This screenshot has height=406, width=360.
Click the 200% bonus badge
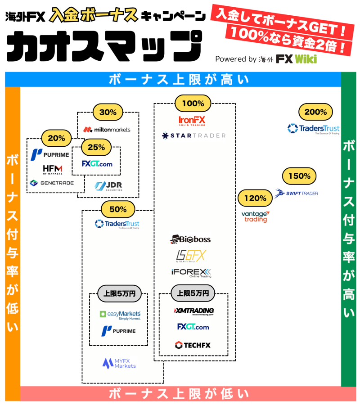point(315,112)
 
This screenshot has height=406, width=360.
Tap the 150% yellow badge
point(299,176)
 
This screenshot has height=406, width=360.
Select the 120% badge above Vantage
point(255,198)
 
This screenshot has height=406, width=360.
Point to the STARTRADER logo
point(194,135)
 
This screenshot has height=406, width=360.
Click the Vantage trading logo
point(255,217)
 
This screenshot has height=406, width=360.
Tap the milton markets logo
point(107,130)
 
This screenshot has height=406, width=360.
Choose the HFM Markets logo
point(53,170)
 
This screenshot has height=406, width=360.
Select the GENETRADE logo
point(51,183)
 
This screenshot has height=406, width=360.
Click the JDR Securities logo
point(108,186)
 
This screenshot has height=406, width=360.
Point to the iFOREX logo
point(191,273)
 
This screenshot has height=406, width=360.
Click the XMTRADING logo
point(193,311)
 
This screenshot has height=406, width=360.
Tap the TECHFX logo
point(193,345)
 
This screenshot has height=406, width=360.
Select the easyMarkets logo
point(120,315)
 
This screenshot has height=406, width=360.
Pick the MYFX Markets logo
point(119,363)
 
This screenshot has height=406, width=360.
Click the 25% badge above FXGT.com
point(96,147)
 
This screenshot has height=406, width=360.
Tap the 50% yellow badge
point(118,209)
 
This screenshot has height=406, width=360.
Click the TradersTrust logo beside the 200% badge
point(314,129)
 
